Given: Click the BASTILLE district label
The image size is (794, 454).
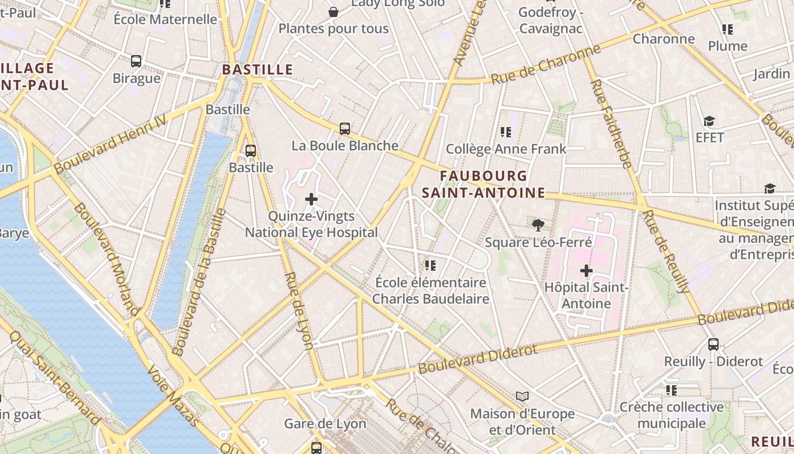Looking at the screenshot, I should tap(257, 70).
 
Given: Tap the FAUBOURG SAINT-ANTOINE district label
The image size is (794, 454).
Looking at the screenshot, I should tap(483, 184).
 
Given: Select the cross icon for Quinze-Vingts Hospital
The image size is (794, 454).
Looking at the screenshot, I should tap(311, 199).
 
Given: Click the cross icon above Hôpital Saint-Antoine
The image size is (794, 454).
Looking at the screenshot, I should tap(586, 271).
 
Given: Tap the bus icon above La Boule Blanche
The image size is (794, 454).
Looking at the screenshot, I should tap(344, 129).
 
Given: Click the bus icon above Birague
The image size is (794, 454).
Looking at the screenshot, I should tap(136, 61).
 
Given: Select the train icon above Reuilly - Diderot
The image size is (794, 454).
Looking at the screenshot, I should tap(713, 344).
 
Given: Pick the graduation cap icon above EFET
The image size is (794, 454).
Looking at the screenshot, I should tap(709, 121).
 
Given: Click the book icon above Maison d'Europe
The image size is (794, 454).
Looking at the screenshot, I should tap(522, 396).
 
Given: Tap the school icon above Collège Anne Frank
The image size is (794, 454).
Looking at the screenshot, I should tap(506, 132).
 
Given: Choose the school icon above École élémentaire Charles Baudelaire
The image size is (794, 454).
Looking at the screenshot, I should tap(430, 265).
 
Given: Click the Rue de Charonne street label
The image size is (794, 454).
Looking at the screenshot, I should tap(545, 65).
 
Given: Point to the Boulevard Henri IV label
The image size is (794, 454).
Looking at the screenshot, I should tap(111, 144).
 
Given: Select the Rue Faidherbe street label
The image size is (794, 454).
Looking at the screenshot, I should tap(611, 124).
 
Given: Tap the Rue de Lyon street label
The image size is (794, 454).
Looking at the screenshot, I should tap(298, 310).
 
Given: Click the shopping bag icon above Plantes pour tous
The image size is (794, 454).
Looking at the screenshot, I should tap(333, 12).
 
